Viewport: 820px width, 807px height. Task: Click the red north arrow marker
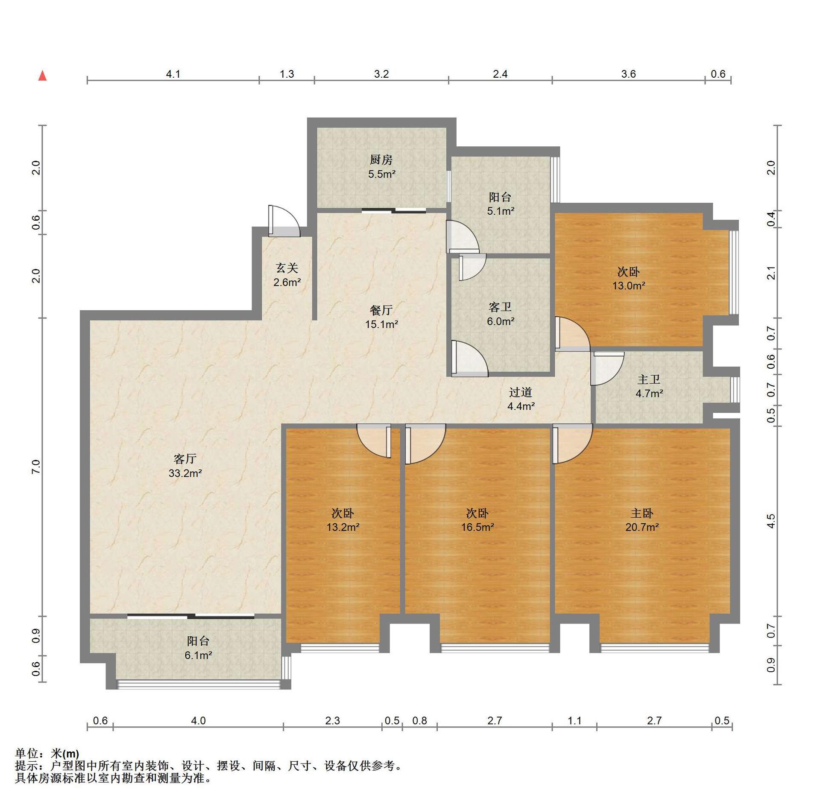(x=42, y=76)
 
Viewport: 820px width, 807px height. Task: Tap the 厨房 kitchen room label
(x=381, y=160)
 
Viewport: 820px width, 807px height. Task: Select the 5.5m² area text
(x=382, y=174)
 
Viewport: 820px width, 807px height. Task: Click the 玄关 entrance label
(x=287, y=268)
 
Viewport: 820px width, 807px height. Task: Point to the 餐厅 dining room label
(x=381, y=310)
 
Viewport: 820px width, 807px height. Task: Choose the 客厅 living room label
(x=185, y=459)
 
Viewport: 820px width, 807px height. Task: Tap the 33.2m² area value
(x=185, y=473)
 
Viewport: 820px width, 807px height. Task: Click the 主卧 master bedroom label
(x=642, y=513)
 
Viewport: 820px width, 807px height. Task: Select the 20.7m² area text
(x=642, y=527)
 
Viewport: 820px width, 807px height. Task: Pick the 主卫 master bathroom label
(x=649, y=379)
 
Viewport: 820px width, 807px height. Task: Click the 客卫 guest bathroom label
(x=500, y=307)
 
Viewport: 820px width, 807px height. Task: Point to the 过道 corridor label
(x=521, y=392)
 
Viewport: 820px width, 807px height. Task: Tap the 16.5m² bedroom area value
(x=477, y=527)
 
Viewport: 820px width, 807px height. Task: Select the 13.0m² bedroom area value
(x=629, y=286)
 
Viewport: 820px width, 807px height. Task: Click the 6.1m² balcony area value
(x=198, y=655)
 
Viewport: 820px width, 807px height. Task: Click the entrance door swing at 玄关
(x=284, y=221)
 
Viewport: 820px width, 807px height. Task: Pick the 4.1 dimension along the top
(x=173, y=74)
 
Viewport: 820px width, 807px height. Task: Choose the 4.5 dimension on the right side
(x=771, y=521)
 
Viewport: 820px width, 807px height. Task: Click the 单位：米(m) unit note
(x=47, y=754)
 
